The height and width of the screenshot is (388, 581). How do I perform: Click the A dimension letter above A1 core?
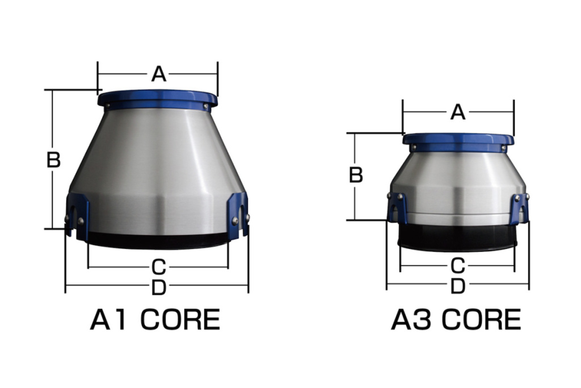158,74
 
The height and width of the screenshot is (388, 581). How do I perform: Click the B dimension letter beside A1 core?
53,160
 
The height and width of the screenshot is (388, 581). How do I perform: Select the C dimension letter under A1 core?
158,266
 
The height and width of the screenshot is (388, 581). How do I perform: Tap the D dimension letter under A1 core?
158,288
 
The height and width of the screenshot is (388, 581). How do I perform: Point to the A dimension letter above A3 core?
458,112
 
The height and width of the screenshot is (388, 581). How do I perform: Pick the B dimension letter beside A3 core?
356,175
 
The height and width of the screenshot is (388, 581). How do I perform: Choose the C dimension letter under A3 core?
457,265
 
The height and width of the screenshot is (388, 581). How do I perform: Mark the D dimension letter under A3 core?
457,287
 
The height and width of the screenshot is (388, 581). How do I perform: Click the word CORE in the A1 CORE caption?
180,320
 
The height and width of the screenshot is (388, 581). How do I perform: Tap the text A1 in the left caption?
111,320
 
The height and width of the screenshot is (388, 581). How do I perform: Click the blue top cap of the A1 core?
157,99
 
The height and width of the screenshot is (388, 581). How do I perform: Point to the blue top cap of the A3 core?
458,141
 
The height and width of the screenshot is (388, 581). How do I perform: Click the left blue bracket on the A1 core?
77,213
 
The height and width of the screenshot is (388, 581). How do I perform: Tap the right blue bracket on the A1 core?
238,213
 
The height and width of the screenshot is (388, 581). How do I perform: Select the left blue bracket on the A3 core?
397,207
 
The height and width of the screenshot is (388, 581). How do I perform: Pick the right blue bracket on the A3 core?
519,207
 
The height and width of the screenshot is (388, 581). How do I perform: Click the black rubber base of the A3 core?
457,239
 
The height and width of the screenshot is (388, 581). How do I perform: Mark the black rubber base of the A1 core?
158,241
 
